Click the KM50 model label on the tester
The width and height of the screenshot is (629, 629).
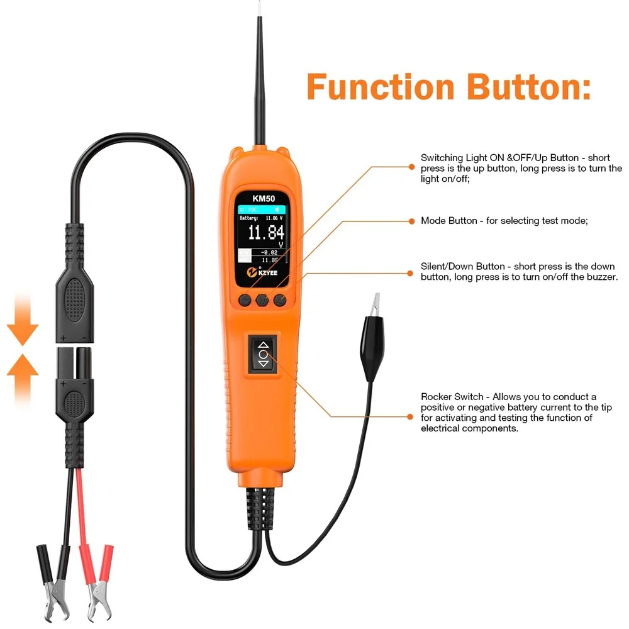tap(263, 197)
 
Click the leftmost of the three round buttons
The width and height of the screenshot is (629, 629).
tap(244, 300)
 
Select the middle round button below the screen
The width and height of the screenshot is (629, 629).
tap(262, 300)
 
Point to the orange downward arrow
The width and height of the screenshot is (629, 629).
tap(23, 321)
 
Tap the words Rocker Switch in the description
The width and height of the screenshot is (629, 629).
tap(452, 396)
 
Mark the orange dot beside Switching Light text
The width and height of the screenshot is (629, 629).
tap(412, 167)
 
